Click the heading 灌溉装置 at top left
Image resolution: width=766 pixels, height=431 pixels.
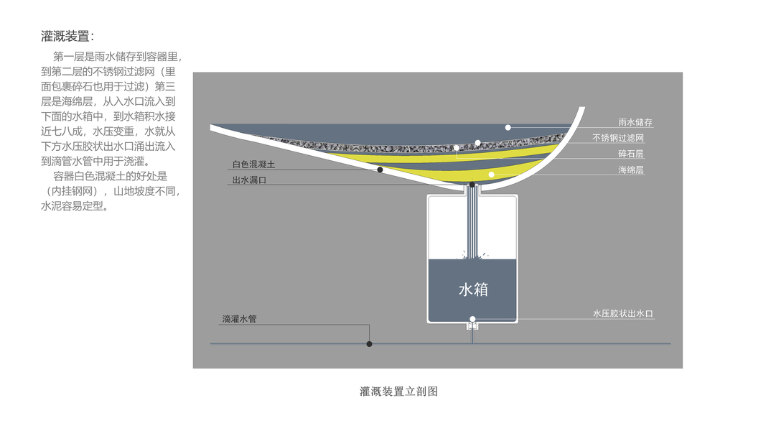coord(67,36)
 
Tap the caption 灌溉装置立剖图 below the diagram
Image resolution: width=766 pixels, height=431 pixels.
coord(398,391)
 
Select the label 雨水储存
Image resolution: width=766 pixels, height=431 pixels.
coord(635,122)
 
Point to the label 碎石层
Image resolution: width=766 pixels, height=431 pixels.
coord(630,154)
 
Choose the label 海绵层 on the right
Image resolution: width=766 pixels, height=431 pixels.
coord(630,170)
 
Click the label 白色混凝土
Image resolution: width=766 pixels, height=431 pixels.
coord(253,164)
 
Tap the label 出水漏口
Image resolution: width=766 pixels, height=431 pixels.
coord(249,180)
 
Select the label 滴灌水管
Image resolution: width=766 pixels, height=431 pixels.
coord(239,318)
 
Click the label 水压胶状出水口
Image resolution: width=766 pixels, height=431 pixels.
coord(622,314)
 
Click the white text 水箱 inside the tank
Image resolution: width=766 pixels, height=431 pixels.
coord(473,289)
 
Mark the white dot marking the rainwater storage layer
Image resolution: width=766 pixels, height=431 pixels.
coord(508,127)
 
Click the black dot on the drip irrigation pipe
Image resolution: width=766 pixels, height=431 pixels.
coord(370,344)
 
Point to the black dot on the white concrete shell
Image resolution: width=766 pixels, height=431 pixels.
coord(380,170)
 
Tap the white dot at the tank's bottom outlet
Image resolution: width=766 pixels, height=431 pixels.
coord(472,318)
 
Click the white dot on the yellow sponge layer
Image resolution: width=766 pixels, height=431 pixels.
coord(492,174)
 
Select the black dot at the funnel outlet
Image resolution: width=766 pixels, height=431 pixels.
coord(472,185)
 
